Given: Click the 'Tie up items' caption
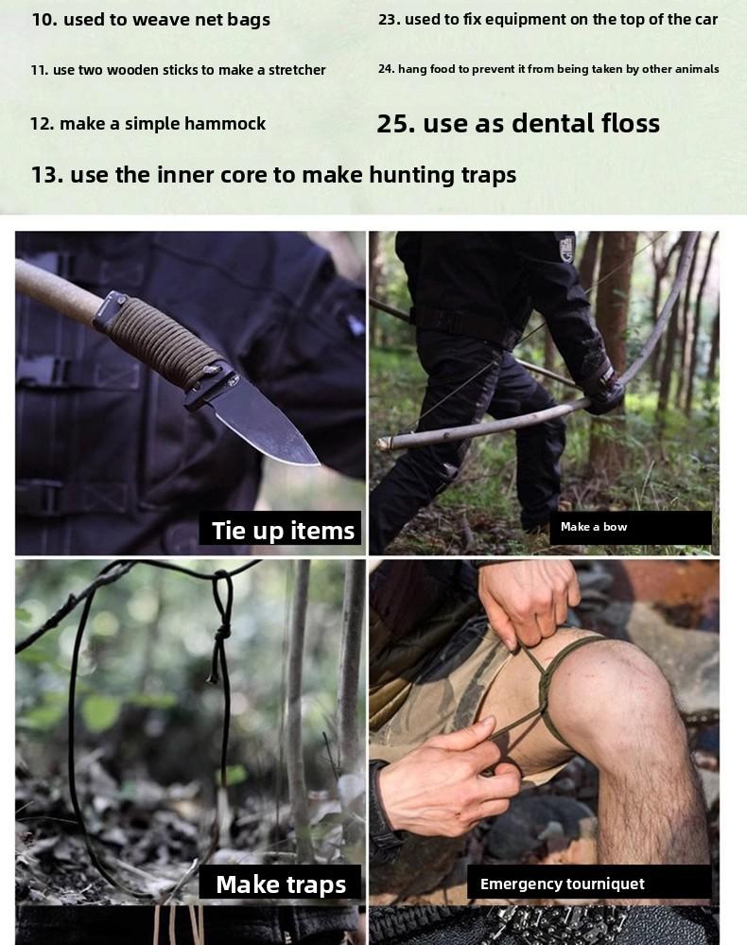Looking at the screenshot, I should (282, 531).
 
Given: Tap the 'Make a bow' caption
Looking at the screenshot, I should (594, 527).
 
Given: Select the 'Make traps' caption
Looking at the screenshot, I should (281, 884).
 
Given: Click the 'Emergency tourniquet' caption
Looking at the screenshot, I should (562, 884).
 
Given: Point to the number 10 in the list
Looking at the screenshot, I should (43, 20).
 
